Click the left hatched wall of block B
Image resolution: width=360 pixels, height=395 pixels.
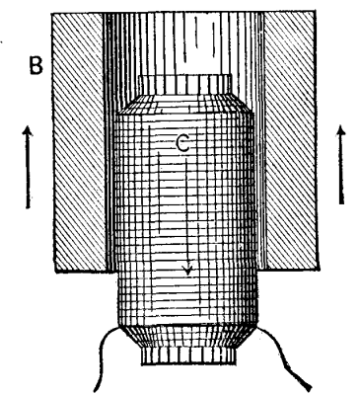(x=77, y=148)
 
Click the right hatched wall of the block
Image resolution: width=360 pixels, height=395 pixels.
(x=293, y=148)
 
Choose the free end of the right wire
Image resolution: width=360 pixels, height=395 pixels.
(x=313, y=385)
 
